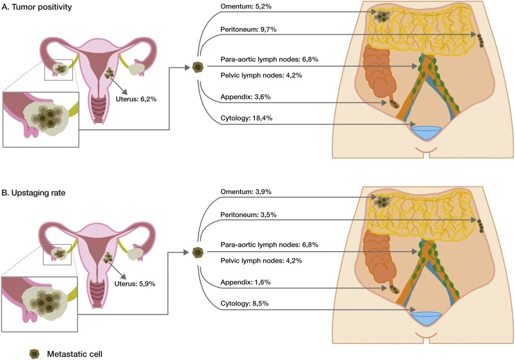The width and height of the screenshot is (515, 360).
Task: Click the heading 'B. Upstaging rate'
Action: (36, 190)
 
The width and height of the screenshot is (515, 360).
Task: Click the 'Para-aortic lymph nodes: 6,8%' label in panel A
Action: (269, 60)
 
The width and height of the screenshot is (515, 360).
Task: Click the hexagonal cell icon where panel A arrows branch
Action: (197, 67)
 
